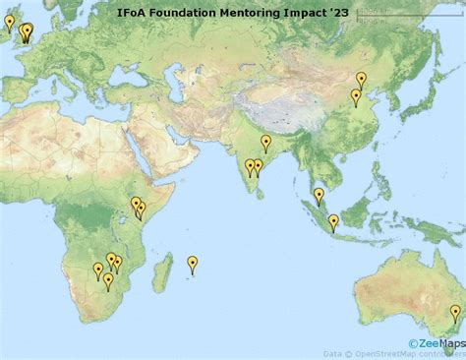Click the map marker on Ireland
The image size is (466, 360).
pos(10,22)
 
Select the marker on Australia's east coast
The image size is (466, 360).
pos(455,313)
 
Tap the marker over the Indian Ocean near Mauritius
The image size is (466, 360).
pos(193,263)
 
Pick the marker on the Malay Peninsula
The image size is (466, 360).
pos(319,196)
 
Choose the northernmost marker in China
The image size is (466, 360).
pos(361,79)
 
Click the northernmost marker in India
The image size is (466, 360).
pos(265,143)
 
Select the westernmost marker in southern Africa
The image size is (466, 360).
pos(98,270)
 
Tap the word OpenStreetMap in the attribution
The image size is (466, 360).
pos(382,352)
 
